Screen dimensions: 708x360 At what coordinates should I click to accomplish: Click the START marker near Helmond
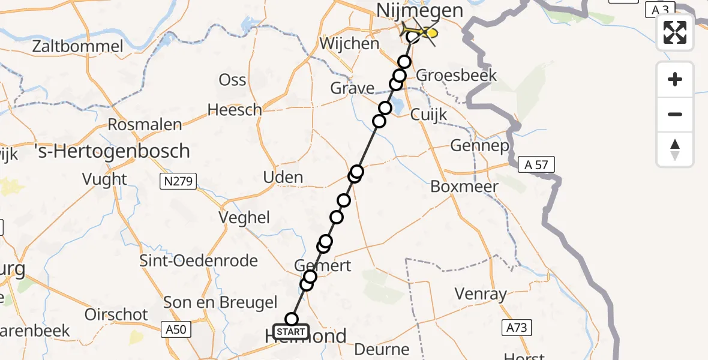pyautogui.click(x=291, y=331)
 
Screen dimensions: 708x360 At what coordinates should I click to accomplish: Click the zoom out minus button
pyautogui.click(x=675, y=114)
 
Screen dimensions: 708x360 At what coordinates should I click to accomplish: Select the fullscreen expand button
pyautogui.click(x=675, y=32)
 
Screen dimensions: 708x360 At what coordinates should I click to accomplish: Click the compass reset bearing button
pyautogui.click(x=675, y=149)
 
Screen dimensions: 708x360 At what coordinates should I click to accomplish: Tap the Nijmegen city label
pyautogui.click(x=420, y=10)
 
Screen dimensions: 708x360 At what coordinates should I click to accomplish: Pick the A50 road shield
pyautogui.click(x=176, y=329)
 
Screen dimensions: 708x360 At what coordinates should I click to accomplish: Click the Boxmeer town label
pyautogui.click(x=464, y=187)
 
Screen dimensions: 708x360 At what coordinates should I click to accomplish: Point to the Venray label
pyautogui.click(x=481, y=295)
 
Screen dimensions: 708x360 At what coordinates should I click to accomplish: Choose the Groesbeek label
pyautogui.click(x=457, y=75)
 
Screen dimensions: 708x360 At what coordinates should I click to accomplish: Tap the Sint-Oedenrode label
pyautogui.click(x=199, y=261)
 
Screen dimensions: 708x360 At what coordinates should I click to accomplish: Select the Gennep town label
pyautogui.click(x=479, y=146)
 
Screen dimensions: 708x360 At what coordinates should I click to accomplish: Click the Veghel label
pyautogui.click(x=244, y=218)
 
